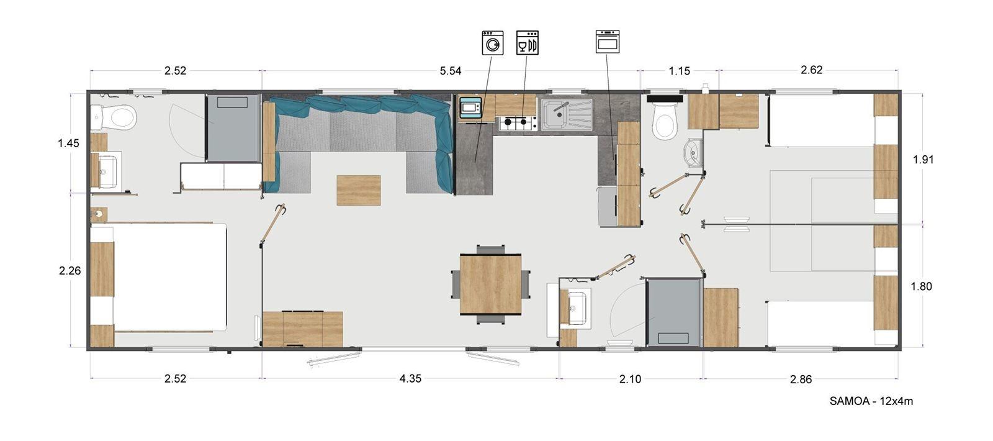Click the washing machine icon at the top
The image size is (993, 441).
(x=493, y=43)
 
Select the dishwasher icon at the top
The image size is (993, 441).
(x=527, y=43)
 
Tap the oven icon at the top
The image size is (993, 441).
(x=607, y=42)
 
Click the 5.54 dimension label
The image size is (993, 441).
(x=451, y=71)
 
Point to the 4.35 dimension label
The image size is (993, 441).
(x=410, y=378)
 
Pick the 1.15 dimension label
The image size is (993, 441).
(x=680, y=71)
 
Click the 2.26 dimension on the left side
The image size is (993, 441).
(x=70, y=271)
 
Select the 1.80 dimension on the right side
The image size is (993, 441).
(x=921, y=286)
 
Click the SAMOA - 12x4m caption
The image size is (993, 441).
(x=871, y=401)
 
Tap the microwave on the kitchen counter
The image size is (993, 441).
(x=470, y=108)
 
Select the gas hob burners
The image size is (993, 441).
(x=518, y=123)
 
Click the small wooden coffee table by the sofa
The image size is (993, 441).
(x=359, y=190)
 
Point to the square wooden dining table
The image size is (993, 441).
(x=490, y=284)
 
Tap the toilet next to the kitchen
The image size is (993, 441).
(x=664, y=122)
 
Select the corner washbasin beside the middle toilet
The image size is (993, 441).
(x=693, y=153)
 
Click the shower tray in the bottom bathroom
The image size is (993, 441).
(x=673, y=314)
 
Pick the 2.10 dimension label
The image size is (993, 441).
(x=630, y=379)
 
